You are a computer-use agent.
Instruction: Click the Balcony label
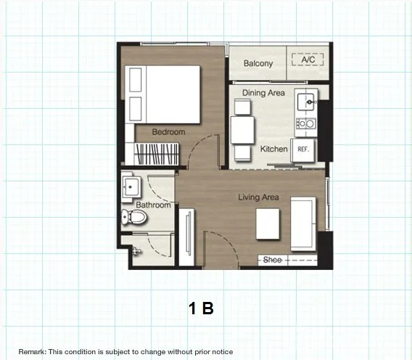pos(258,63)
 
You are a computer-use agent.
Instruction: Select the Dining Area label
pos(263,93)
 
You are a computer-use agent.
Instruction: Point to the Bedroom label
pos(168,132)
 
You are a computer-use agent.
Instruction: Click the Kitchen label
pos(273,149)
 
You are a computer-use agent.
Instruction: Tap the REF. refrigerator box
pos(303,150)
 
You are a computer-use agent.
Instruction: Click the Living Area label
pos(258,197)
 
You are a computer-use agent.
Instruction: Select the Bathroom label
pos(153,205)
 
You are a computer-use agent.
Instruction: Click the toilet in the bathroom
pos(133,217)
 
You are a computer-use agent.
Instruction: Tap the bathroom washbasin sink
pos(131,187)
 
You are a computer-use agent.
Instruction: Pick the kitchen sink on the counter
pos(306,102)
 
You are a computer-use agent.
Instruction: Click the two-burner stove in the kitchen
pos(306,123)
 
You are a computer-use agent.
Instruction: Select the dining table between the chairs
pos(242,131)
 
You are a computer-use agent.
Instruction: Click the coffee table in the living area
pos(268,224)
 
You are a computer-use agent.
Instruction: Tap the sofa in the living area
pos(303,224)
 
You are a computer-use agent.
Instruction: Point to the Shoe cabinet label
pos(272,260)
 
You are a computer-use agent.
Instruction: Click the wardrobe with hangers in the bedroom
pos(157,154)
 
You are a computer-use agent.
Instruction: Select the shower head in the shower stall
pos(136,251)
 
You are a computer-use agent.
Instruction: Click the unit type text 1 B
pos(201,308)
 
